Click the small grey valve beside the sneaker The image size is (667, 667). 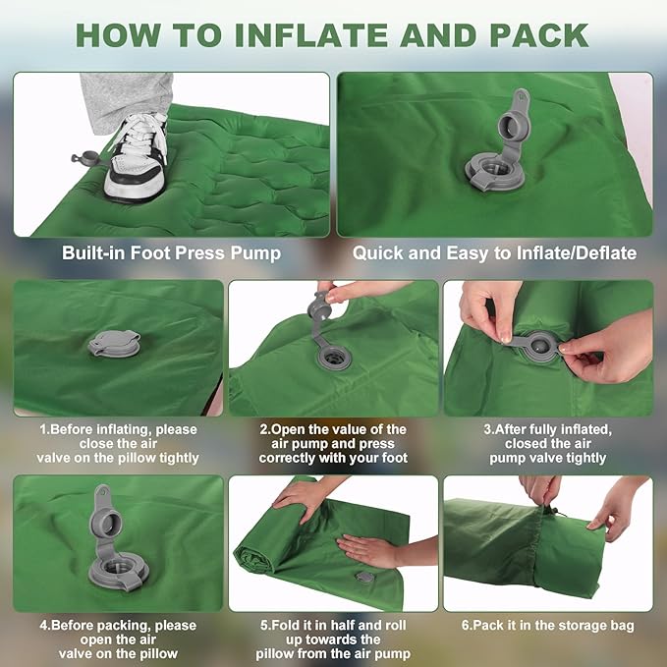click(x=84, y=157)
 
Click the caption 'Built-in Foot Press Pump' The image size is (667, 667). click(x=171, y=253)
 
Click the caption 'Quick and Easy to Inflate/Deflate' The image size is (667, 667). click(x=494, y=253)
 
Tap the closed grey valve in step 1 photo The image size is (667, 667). click(x=114, y=344)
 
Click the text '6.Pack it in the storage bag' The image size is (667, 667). click(x=547, y=626)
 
